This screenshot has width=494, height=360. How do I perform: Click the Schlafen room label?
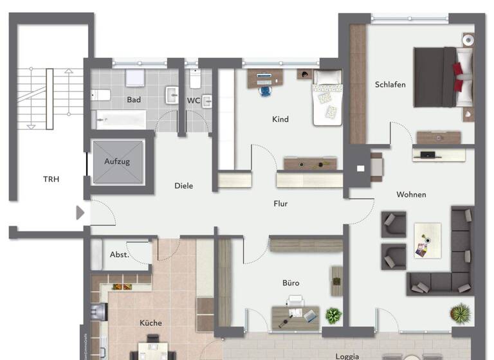point(390,84)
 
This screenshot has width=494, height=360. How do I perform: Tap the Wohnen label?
point(411,195)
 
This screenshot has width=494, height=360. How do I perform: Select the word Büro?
point(291,283)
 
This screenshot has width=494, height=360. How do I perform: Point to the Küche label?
point(151,323)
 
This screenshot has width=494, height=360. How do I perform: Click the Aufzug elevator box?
point(117,162)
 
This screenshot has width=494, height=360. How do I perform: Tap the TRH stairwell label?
point(51,179)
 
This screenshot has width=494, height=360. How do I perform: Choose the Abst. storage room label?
point(119,255)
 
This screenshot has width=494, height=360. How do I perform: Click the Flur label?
point(280,204)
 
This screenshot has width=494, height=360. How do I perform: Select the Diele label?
point(183,186)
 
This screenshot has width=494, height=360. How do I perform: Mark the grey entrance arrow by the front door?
point(80,212)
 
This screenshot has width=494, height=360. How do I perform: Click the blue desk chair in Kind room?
point(265,90)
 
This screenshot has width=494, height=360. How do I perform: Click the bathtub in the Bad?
point(121,120)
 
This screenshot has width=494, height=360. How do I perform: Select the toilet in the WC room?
point(195,80)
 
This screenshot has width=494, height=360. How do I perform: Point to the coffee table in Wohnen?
point(427,240)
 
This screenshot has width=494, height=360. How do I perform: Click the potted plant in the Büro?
point(333,315)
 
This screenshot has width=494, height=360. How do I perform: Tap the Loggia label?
point(347,355)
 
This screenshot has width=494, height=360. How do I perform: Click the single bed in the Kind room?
point(327,98)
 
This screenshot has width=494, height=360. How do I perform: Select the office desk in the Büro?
point(295,316)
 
